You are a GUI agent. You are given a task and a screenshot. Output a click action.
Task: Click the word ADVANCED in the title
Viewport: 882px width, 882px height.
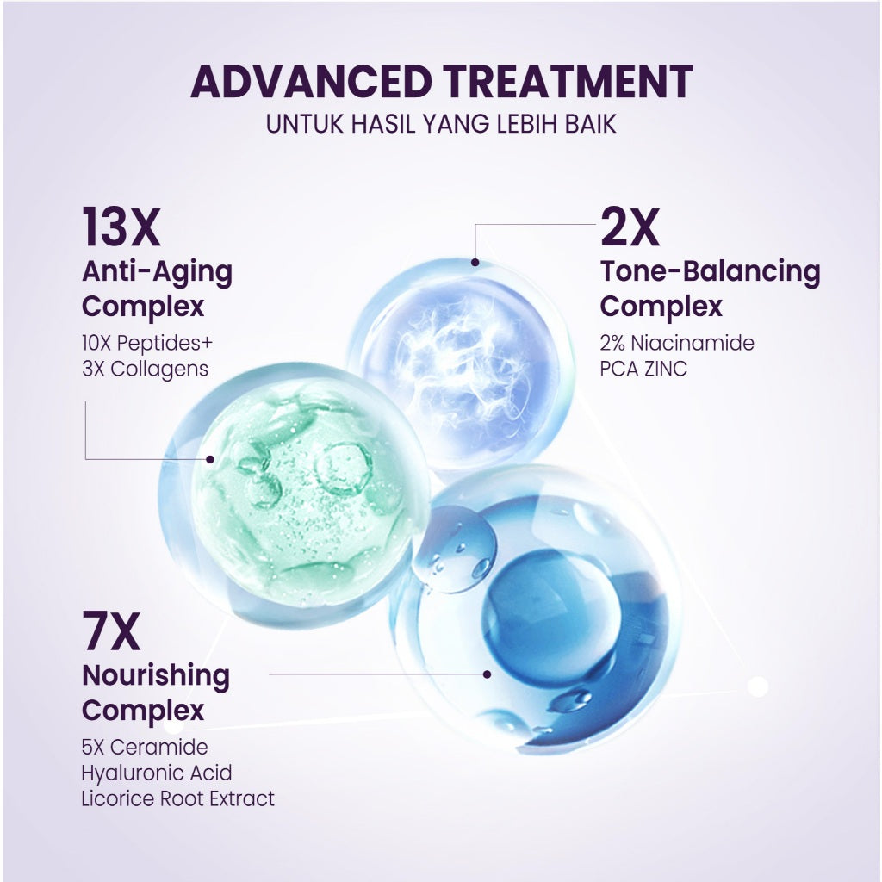pyautogui.click(x=312, y=82)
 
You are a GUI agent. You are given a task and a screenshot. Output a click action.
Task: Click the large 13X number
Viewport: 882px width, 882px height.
pyautogui.click(x=121, y=227)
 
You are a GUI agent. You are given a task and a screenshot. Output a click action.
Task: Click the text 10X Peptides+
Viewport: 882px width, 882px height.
pyautogui.click(x=147, y=343)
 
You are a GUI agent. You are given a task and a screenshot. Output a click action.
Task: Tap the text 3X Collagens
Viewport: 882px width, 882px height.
pyautogui.click(x=145, y=370)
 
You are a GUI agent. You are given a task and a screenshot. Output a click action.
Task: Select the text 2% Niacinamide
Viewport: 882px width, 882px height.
pyautogui.click(x=677, y=343)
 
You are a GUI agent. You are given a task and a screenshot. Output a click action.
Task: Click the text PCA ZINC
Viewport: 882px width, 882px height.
pyautogui.click(x=643, y=370)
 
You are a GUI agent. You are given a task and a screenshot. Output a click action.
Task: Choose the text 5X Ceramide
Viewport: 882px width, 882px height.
pyautogui.click(x=145, y=747)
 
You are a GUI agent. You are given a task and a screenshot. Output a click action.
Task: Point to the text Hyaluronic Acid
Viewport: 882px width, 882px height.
pyautogui.click(x=157, y=773)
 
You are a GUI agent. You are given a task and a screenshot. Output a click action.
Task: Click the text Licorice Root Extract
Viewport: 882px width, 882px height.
pyautogui.click(x=178, y=798)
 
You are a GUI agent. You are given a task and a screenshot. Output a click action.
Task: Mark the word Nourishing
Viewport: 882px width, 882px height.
pyautogui.click(x=156, y=675)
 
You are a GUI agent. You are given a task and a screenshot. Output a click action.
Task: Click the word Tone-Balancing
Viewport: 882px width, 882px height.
pyautogui.click(x=710, y=271)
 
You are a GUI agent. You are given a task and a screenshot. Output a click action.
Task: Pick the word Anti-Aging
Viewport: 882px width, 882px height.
pyautogui.click(x=157, y=271)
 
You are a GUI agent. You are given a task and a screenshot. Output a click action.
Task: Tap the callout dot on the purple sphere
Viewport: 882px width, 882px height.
pyautogui.click(x=474, y=261)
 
